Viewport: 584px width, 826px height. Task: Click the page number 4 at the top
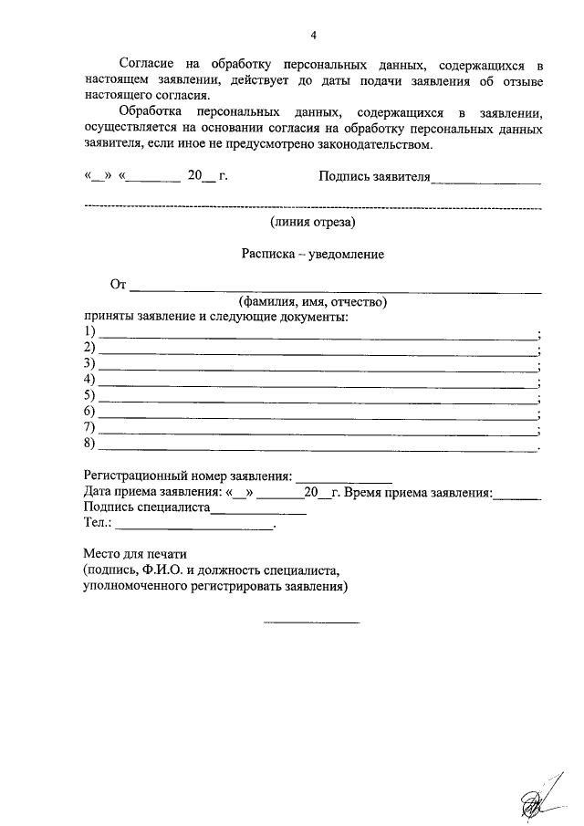click(x=313, y=36)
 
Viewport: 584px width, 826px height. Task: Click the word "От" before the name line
click(x=118, y=286)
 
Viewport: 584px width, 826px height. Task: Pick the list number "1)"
click(x=89, y=330)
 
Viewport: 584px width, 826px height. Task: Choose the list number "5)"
click(x=89, y=395)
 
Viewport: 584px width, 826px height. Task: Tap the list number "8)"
click(x=89, y=444)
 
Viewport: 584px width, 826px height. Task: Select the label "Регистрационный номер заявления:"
click(x=188, y=476)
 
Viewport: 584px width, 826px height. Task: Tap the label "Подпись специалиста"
click(x=147, y=508)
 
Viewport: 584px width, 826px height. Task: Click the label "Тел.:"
click(x=98, y=525)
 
